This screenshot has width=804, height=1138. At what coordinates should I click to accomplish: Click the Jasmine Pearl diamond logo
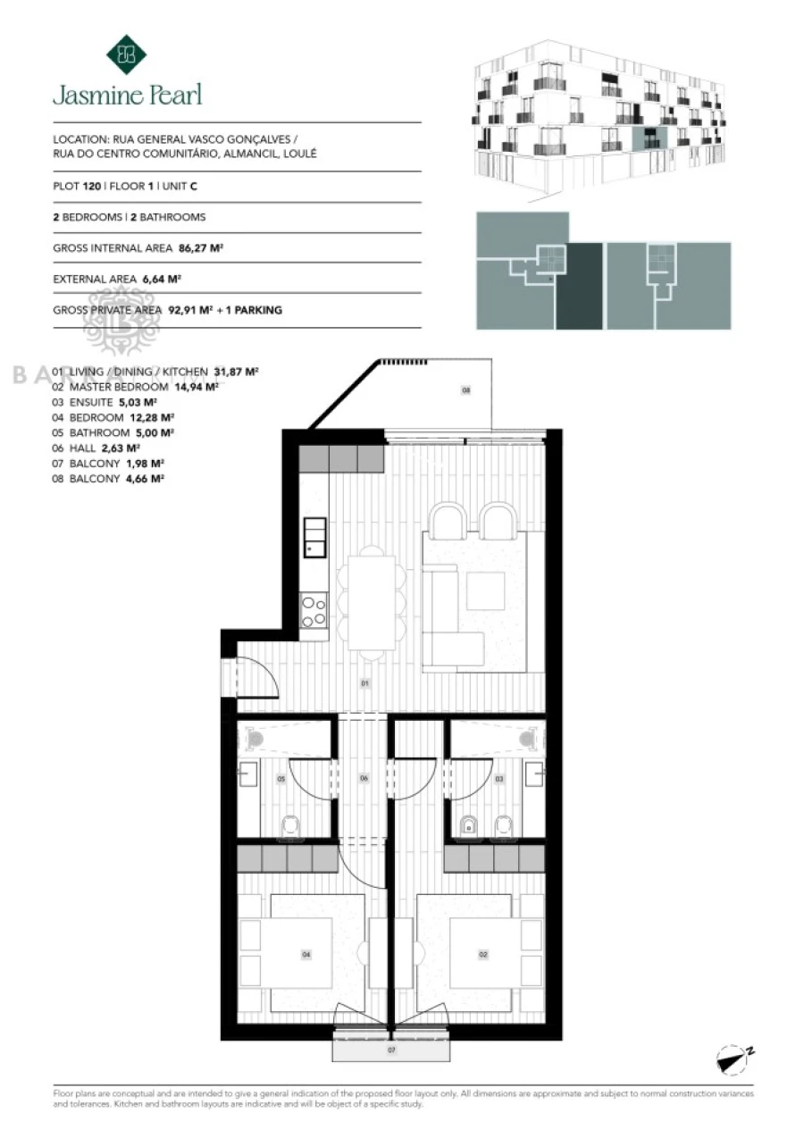click(126, 54)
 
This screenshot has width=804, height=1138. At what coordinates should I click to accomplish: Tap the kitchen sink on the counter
click(314, 538)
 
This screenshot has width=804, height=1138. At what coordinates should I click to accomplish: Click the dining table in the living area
click(372, 601)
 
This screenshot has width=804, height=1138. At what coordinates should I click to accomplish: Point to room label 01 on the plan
click(364, 683)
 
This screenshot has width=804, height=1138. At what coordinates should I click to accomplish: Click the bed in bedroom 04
click(306, 953)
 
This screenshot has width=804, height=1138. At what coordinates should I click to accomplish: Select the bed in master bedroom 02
click(483, 953)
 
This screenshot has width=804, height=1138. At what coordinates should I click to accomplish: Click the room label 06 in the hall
click(364, 778)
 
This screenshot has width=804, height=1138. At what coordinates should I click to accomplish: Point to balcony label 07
click(391, 1050)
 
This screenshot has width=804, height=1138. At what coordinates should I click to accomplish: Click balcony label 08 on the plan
click(465, 390)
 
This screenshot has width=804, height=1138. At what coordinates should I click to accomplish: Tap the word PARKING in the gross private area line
click(258, 310)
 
